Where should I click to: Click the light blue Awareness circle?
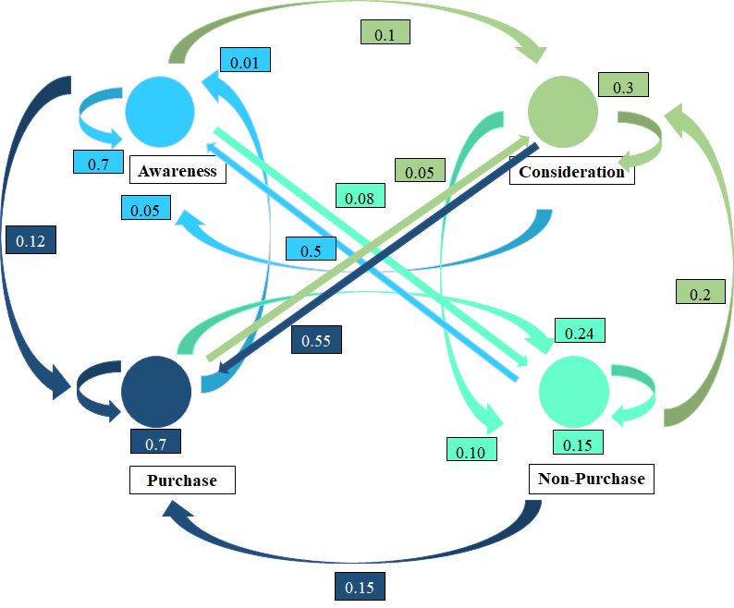click(160, 112)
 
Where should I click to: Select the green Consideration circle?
click(563, 112)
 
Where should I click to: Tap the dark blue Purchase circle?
click(156, 391)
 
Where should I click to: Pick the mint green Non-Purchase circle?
click(574, 391)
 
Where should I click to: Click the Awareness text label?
click(177, 171)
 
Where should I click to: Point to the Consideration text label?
click(571, 171)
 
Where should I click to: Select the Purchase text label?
click(182, 480)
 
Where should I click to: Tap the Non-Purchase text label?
click(592, 479)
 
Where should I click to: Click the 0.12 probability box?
click(31, 240)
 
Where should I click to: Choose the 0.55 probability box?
click(316, 340)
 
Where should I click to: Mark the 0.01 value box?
click(245, 60)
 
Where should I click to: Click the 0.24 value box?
click(580, 331)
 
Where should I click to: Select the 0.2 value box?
click(701, 292)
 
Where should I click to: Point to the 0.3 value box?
click(623, 85)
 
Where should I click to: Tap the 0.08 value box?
click(360, 196)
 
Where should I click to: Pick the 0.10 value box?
click(471, 449)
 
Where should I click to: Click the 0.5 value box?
click(312, 249)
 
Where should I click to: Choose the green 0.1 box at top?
click(385, 32)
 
